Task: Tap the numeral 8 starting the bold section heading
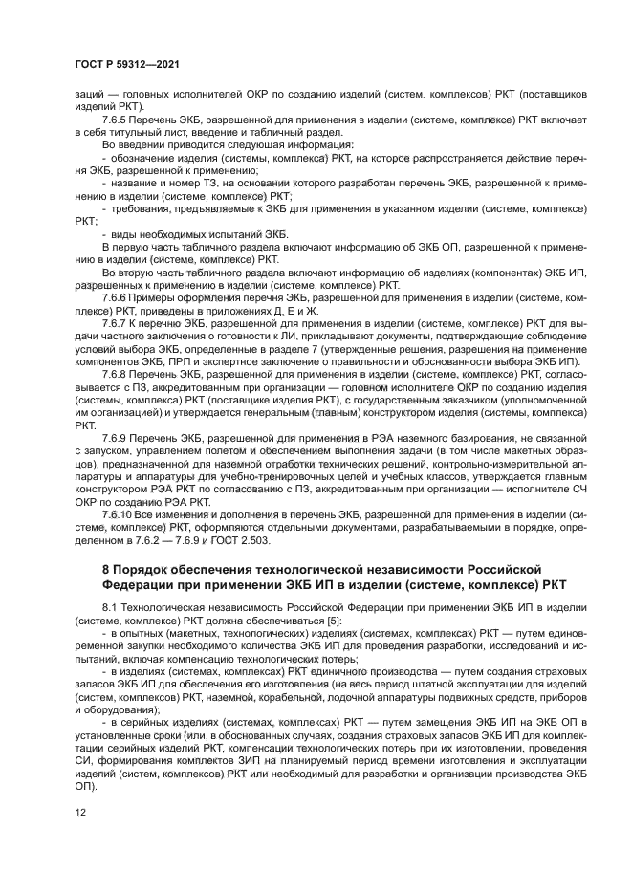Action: (106, 569)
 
